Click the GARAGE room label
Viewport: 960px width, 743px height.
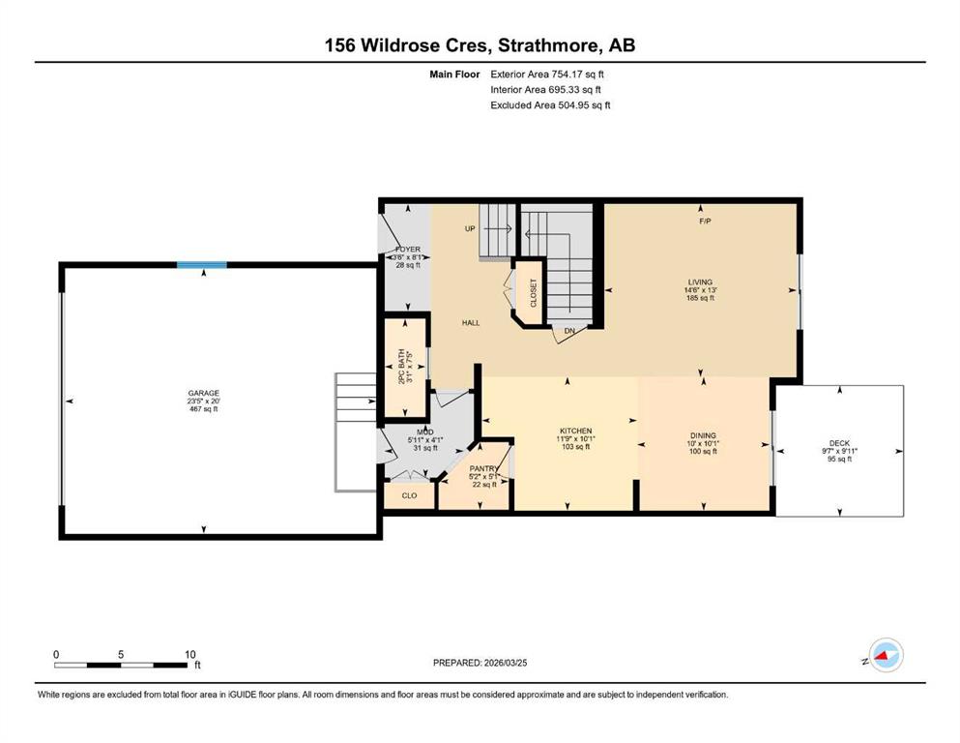pyautogui.click(x=203, y=393)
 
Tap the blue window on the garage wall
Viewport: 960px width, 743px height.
pyautogui.click(x=202, y=265)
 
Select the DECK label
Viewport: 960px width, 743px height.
pyautogui.click(x=839, y=443)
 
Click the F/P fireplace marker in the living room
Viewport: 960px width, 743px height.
pyautogui.click(x=706, y=222)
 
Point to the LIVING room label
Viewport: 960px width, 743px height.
pyautogui.click(x=700, y=282)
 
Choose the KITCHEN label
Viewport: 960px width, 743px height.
pyautogui.click(x=575, y=431)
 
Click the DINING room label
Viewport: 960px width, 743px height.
pyautogui.click(x=702, y=435)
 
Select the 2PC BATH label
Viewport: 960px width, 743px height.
pyautogui.click(x=401, y=367)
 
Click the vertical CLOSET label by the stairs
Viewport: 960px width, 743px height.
pyautogui.click(x=534, y=293)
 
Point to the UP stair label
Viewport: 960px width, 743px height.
pyautogui.click(x=470, y=228)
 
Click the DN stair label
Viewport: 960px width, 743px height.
pyautogui.click(x=569, y=331)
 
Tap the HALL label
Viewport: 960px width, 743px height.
pyautogui.click(x=471, y=322)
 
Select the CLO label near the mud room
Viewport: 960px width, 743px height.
pyautogui.click(x=410, y=495)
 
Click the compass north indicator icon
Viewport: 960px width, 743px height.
pyautogui.click(x=886, y=655)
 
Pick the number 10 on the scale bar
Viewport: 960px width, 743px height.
pyautogui.click(x=189, y=654)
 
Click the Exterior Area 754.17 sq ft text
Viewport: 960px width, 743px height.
pyautogui.click(x=547, y=74)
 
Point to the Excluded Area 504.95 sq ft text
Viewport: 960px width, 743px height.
pyautogui.click(x=550, y=104)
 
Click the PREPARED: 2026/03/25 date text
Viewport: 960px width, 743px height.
pyautogui.click(x=480, y=663)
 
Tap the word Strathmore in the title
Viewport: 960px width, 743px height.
pyautogui.click(x=549, y=45)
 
